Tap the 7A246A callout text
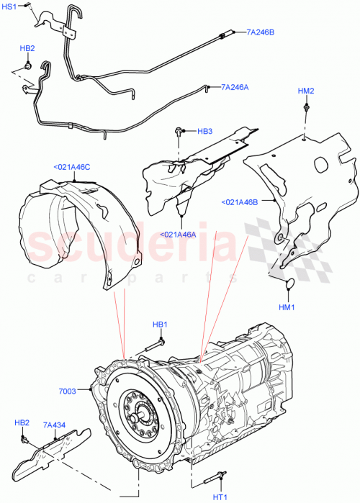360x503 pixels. pyautogui.click(x=235, y=86)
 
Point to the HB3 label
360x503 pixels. pyautogui.click(x=204, y=131)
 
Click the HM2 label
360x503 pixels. pyautogui.click(x=306, y=91)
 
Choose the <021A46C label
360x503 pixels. pyautogui.click(x=72, y=167)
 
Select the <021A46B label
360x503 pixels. pyautogui.click(x=240, y=201)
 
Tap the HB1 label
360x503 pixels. pyautogui.click(x=160, y=325)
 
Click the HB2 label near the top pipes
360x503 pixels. pyautogui.click(x=27, y=48)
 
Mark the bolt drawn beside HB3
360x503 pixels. pyautogui.click(x=179, y=131)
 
